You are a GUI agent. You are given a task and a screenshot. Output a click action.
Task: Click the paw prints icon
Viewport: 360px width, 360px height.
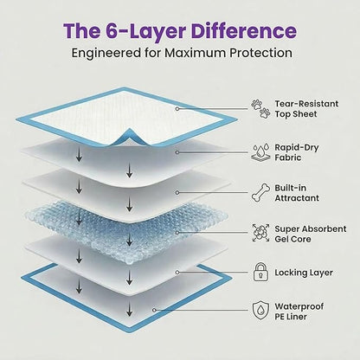pyautogui.click(x=260, y=109)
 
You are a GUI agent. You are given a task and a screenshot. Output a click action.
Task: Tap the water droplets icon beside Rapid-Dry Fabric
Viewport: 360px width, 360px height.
pyautogui.click(x=260, y=152)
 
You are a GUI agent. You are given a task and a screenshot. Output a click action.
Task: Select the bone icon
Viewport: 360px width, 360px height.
pyautogui.click(x=260, y=192)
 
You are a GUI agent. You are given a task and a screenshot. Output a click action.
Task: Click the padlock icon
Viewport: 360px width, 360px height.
pyautogui.click(x=260, y=272)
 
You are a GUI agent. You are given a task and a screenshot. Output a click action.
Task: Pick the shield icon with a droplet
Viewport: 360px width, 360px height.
pyautogui.click(x=260, y=311)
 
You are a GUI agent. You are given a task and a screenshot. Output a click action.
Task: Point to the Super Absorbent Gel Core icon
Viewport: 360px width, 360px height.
pyautogui.click(x=260, y=233)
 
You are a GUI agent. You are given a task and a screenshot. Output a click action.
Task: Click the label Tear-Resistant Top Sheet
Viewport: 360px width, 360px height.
pyautogui.click(x=306, y=109)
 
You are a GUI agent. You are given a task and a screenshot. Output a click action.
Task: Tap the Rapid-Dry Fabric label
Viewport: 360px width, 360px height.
pyautogui.click(x=297, y=152)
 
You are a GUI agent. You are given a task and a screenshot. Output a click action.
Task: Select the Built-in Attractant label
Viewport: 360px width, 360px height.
pyautogui.click(x=297, y=193)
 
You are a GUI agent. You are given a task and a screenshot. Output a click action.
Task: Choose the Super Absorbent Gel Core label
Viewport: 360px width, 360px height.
pyautogui.click(x=311, y=234)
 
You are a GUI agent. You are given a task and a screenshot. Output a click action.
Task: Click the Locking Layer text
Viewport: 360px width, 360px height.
pyautogui.click(x=304, y=273)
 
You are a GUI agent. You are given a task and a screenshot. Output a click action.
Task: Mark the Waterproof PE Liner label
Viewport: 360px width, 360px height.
pyautogui.click(x=299, y=312)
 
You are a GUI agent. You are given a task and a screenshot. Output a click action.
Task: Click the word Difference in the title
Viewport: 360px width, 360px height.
pyautogui.click(x=244, y=31)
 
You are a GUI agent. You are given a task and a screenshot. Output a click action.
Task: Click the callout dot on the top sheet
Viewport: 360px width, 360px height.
pyautogui.click(x=177, y=109)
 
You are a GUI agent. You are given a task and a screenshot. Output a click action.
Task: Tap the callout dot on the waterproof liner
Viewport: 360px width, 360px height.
pyautogui.click(x=154, y=310)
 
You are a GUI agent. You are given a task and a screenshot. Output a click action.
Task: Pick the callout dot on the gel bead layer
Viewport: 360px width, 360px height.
pyautogui.click(x=177, y=233)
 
